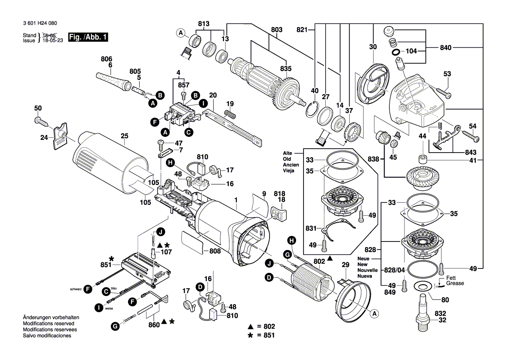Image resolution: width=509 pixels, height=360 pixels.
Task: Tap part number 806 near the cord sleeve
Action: click(106, 59)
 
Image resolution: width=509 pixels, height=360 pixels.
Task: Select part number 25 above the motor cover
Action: click(125, 136)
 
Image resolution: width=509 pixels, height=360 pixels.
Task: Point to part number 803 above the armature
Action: click(276, 30)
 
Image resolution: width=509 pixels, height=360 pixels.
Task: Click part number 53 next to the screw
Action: click(447, 74)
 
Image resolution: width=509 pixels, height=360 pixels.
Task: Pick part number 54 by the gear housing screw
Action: click(472, 126)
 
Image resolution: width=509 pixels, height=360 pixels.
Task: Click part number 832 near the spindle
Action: click(440, 313)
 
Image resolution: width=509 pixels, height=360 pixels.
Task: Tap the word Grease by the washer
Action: click(455, 283)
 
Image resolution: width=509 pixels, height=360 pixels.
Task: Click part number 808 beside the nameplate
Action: click(215, 251)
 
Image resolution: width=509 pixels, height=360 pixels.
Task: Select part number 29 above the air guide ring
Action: click(345, 265)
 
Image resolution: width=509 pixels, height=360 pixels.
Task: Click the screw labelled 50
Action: click(39, 119)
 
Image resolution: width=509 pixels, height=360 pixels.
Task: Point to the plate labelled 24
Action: click(59, 137)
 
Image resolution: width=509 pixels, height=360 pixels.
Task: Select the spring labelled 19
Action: click(230, 114)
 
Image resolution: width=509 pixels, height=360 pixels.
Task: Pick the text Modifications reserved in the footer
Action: click(48, 324)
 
